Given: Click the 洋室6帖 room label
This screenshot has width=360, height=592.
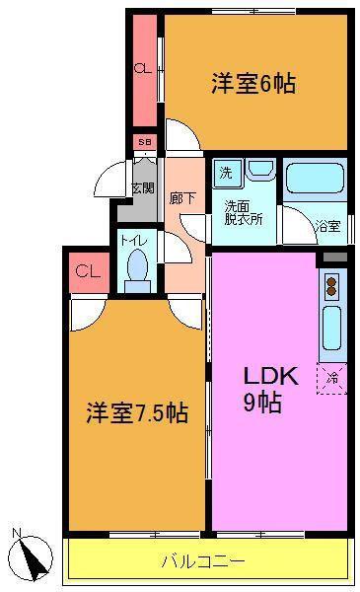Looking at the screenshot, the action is [253, 84].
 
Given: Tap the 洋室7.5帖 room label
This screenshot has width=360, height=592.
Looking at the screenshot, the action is [137, 412].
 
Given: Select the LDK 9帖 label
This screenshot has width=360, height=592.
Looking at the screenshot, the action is [271, 389].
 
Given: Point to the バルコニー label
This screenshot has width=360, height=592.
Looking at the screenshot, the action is [203, 561].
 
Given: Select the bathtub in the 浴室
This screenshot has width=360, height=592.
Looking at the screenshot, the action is [315, 180].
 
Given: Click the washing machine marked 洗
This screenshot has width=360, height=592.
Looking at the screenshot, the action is [227, 174].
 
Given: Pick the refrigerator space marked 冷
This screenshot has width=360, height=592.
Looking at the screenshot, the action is [331, 379].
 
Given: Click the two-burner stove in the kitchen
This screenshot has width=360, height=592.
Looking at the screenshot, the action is [331, 286].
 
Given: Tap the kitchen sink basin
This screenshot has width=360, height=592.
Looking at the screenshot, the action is [332, 328].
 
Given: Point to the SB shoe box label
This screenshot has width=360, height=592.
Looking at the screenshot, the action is [145, 142].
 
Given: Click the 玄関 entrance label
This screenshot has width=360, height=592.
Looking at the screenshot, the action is [143, 188].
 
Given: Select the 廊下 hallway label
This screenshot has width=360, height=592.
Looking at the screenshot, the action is [182, 198].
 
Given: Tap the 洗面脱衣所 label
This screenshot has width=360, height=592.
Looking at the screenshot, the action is [244, 213].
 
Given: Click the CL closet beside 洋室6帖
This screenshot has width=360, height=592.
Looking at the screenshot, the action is [143, 69].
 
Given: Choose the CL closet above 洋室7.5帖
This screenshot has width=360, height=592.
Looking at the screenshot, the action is [88, 271].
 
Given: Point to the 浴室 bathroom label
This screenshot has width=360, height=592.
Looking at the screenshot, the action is [328, 227].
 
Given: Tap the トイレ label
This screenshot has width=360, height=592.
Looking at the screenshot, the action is [135, 241].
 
